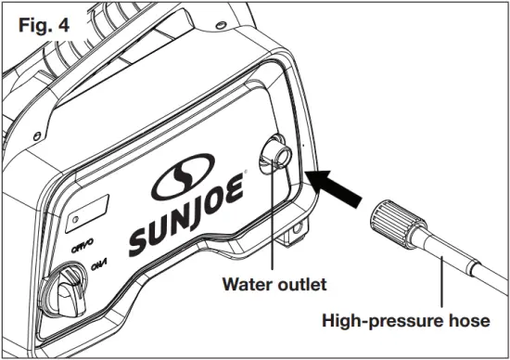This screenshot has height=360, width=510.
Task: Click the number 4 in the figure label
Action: coord(66,20)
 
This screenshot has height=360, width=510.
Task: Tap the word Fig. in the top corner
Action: coord(34,20)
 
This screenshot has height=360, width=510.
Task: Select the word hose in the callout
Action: coord(469,322)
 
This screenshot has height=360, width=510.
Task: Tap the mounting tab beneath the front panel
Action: coord(295,226)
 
